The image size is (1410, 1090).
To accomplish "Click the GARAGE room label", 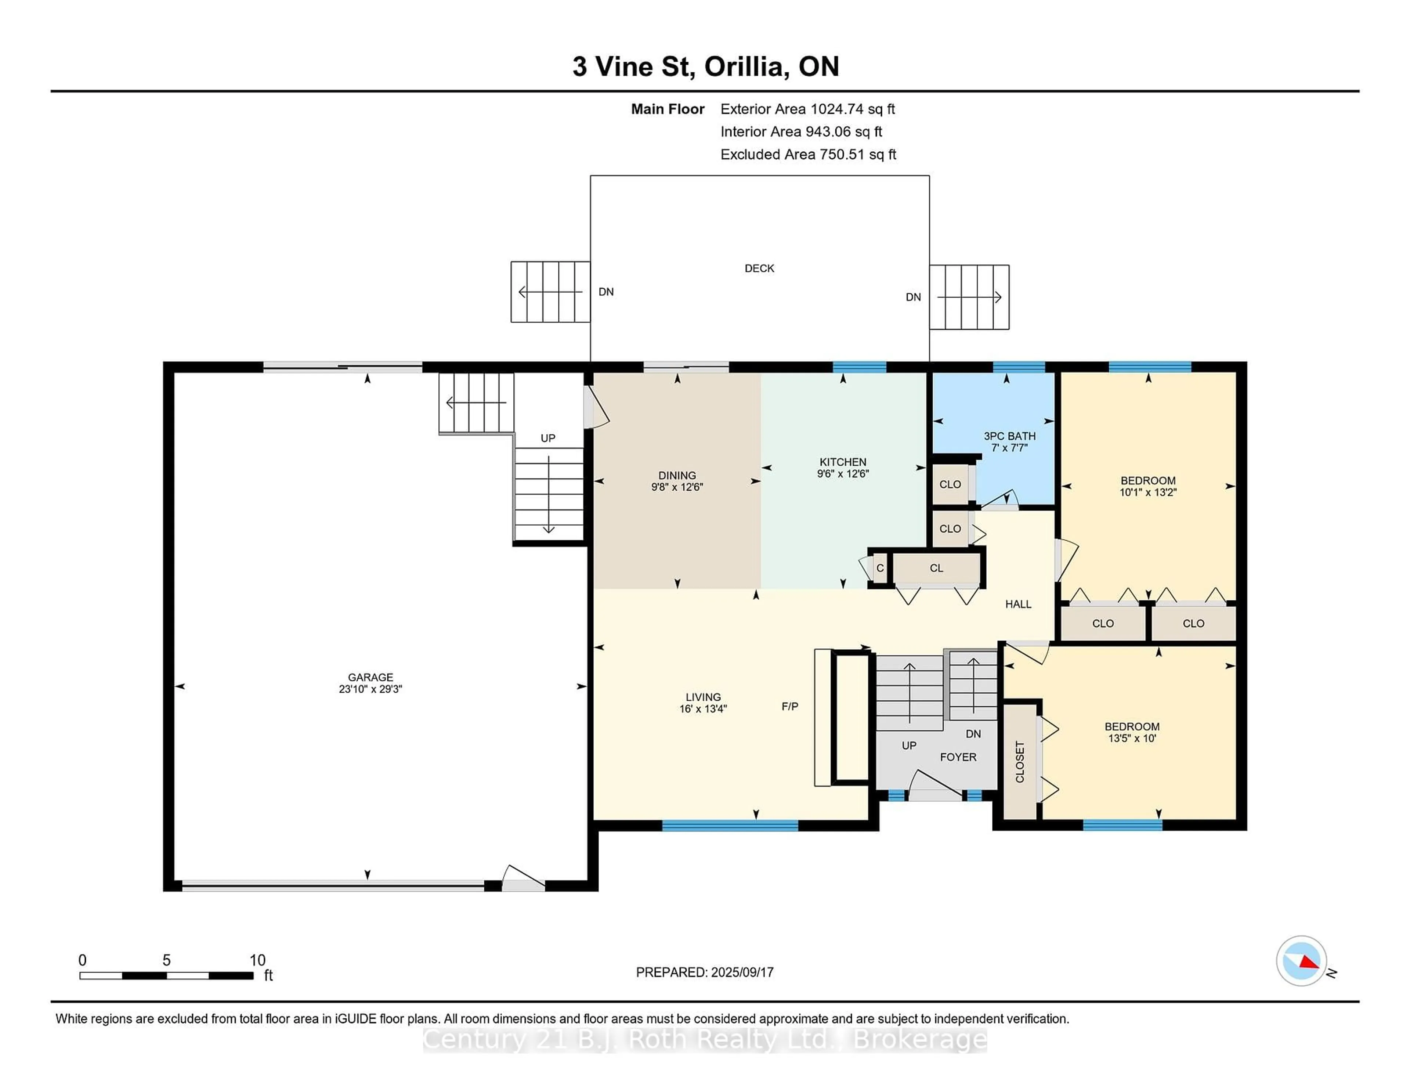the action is [x=370, y=677].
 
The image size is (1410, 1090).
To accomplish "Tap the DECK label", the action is [x=759, y=268].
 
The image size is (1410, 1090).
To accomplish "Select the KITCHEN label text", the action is [x=843, y=462].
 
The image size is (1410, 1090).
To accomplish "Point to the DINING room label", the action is [x=677, y=475].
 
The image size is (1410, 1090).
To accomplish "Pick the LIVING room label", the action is [x=703, y=697].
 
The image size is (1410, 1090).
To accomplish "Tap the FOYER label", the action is [x=958, y=757].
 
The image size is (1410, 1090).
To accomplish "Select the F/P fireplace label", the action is [x=789, y=707].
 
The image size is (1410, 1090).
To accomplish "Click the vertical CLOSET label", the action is [x=1020, y=762].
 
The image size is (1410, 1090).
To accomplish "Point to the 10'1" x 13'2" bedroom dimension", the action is [x=1148, y=492].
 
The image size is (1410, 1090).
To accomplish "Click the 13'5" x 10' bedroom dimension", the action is [x=1132, y=738].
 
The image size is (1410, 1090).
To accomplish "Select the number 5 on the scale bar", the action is [x=167, y=960].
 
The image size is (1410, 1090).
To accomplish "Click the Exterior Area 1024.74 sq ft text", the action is [x=808, y=109].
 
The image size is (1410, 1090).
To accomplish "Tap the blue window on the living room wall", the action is [x=730, y=825].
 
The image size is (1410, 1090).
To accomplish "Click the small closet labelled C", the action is [x=880, y=568].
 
